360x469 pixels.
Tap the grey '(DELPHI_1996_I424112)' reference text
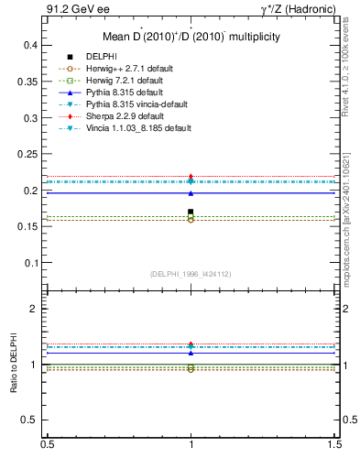click(x=190, y=273)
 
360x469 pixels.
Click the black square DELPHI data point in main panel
click(x=191, y=213)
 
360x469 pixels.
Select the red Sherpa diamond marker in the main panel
click(x=191, y=177)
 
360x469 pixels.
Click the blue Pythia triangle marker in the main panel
click(x=191, y=193)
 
